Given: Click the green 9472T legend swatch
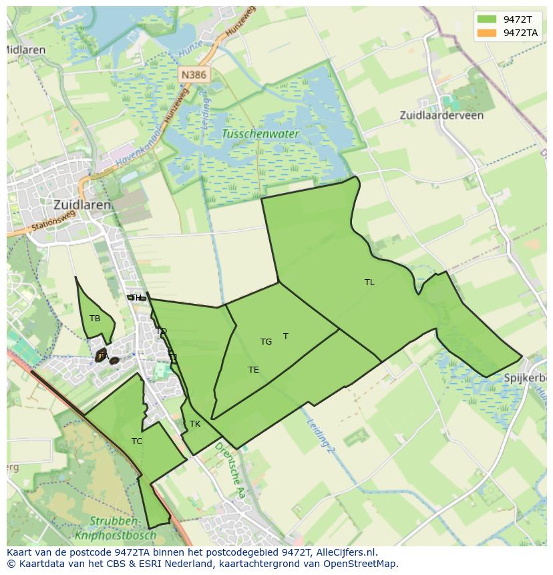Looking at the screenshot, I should click(x=487, y=19).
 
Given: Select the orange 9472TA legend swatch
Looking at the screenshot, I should click(x=487, y=33).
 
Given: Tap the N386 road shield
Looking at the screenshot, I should click(x=193, y=75).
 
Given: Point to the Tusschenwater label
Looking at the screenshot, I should click(x=260, y=134).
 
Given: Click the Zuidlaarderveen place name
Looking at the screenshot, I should click(x=441, y=116).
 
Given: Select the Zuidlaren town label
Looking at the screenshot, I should click(x=82, y=205).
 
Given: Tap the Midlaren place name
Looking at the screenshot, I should click(x=26, y=50).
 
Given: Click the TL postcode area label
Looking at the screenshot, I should click(x=369, y=282).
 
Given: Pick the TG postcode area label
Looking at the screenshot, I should click(x=266, y=342).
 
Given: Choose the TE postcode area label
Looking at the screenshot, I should click(x=254, y=370).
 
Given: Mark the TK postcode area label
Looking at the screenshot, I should click(x=195, y=424).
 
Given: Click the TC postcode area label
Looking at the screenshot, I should click(x=137, y=441).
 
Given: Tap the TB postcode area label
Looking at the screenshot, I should click(x=95, y=319).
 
